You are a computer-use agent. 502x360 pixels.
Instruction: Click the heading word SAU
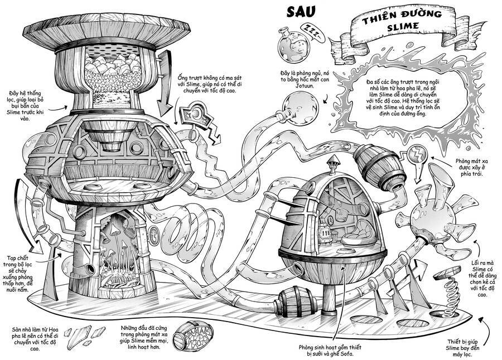point(301,12)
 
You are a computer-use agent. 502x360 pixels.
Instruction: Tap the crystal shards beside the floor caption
point(85,335)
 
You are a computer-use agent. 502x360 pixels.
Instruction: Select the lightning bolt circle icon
point(417,154)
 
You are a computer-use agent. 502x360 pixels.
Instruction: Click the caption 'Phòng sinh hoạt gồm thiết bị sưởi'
point(330,350)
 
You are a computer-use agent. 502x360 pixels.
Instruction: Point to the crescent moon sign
point(196,115)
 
